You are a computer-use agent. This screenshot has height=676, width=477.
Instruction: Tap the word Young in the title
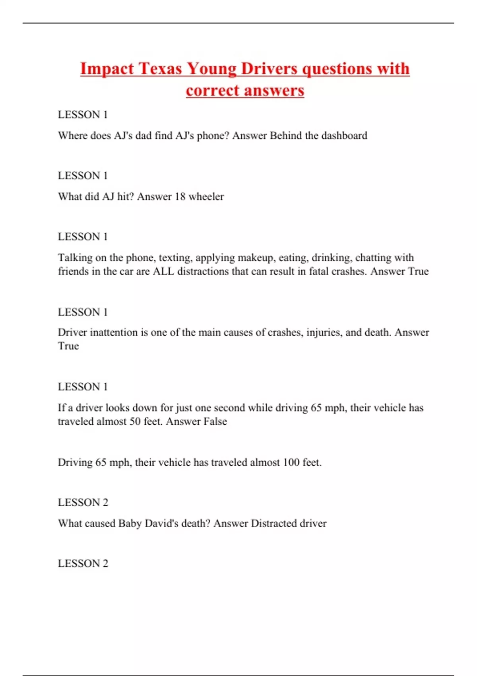click(211, 69)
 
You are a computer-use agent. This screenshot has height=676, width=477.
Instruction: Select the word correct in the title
click(213, 91)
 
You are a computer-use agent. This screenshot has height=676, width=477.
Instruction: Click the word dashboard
click(344, 136)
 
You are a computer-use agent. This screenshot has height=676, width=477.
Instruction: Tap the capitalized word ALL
click(163, 271)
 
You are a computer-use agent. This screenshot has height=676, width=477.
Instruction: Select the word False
click(215, 422)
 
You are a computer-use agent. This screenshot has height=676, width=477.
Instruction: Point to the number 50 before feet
click(135, 422)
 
